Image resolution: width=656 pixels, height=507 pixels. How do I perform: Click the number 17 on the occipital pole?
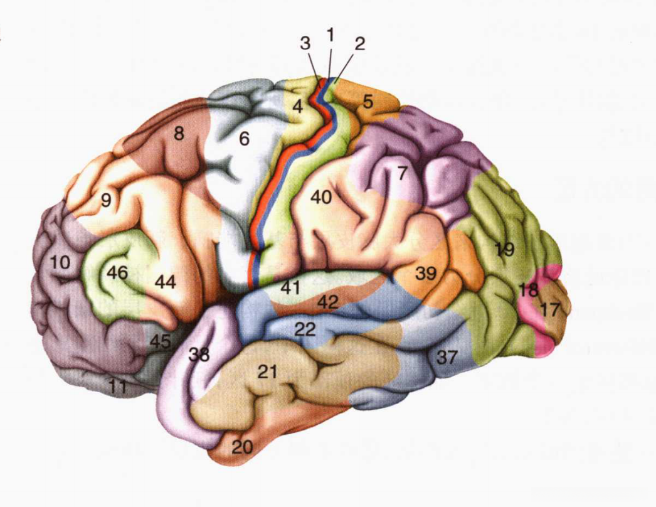[551, 310]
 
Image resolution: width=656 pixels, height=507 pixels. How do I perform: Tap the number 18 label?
[529, 291]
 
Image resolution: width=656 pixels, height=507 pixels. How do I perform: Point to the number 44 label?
[165, 283]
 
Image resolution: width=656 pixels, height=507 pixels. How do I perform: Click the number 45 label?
[160, 343]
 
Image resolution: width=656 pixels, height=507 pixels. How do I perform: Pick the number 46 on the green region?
[117, 273]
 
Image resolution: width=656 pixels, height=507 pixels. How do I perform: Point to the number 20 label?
[243, 447]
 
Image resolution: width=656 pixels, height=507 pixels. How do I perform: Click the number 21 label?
[267, 372]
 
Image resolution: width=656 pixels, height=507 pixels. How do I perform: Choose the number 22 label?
[305, 329]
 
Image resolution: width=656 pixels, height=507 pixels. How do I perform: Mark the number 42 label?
[327, 302]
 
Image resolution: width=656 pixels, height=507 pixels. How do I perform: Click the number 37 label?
[447, 357]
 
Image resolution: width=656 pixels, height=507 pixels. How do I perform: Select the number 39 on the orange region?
[425, 274]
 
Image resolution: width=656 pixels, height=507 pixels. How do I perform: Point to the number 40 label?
[320, 197]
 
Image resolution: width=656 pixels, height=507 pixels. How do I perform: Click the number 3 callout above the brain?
[305, 44]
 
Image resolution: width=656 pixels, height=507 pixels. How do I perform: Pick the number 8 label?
[179, 134]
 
